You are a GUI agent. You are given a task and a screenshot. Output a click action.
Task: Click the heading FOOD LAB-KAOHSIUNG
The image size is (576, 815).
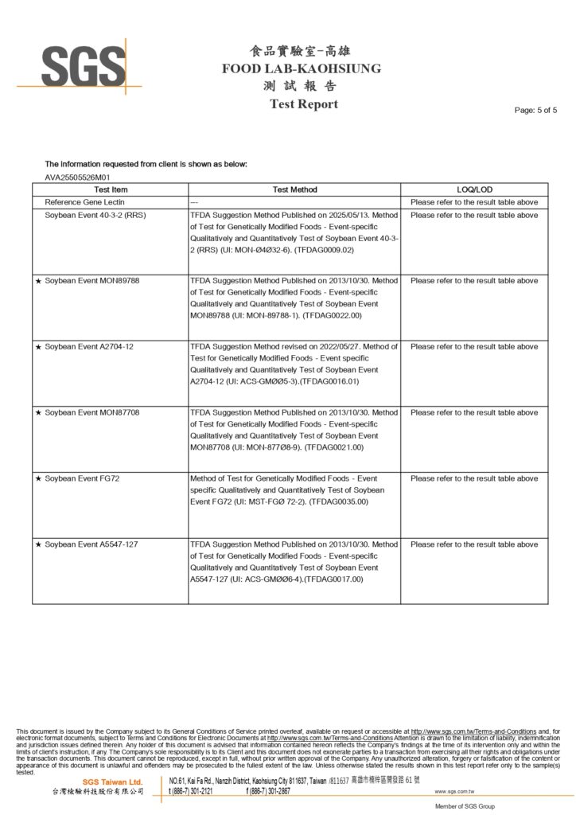tap(302, 68)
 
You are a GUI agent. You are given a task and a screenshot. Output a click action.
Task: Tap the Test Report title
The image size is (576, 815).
tap(303, 104)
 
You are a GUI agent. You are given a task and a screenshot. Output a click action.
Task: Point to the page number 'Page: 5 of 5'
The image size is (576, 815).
tap(535, 110)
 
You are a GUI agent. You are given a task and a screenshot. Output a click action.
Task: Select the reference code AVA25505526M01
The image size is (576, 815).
tap(77, 177)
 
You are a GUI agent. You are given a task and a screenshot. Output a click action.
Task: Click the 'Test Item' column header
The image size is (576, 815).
tap(111, 189)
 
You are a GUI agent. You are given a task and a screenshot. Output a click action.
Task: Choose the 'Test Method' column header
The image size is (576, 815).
tap(294, 189)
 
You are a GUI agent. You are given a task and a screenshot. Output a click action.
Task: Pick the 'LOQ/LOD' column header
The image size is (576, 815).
tap(474, 189)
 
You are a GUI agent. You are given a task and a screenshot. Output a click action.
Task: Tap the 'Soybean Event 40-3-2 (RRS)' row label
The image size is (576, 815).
tap(95, 215)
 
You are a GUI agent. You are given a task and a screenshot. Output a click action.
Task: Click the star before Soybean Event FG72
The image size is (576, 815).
tap(38, 478)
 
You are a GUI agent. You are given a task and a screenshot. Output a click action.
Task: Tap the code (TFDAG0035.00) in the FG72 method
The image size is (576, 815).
tap(337, 502)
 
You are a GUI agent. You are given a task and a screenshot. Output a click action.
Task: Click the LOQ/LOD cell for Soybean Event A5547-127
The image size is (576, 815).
tap(474, 544)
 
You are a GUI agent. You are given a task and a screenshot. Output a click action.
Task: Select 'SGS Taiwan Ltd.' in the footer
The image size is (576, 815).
tap(112, 782)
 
